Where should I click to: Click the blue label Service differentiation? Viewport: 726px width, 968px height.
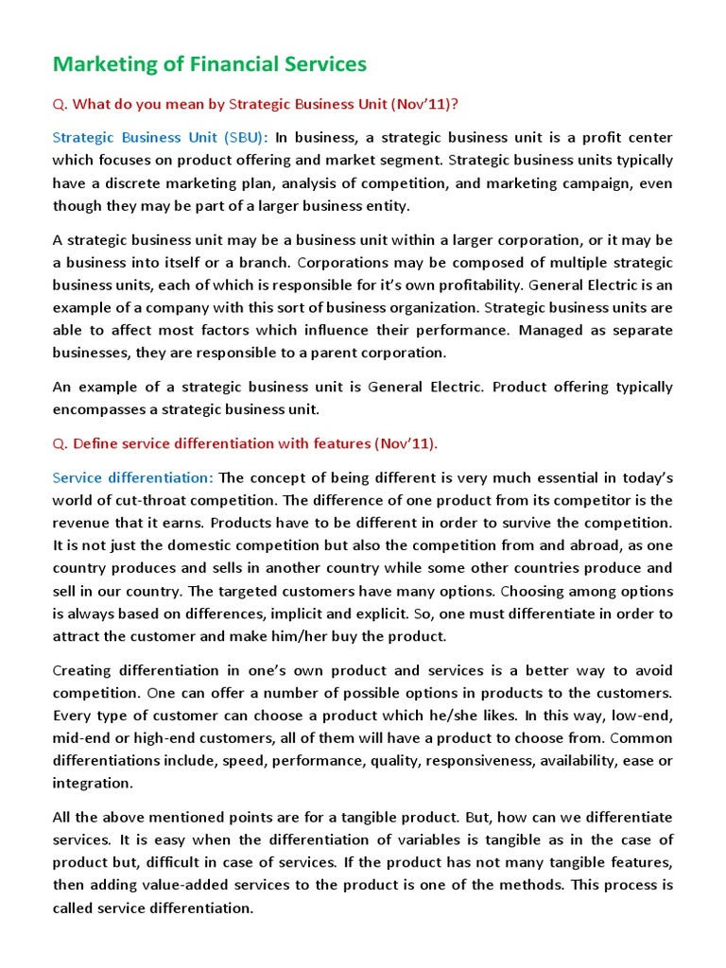(133, 476)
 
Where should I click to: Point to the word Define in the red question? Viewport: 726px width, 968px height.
(94, 443)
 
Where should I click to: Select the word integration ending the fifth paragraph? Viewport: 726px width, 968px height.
(93, 784)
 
